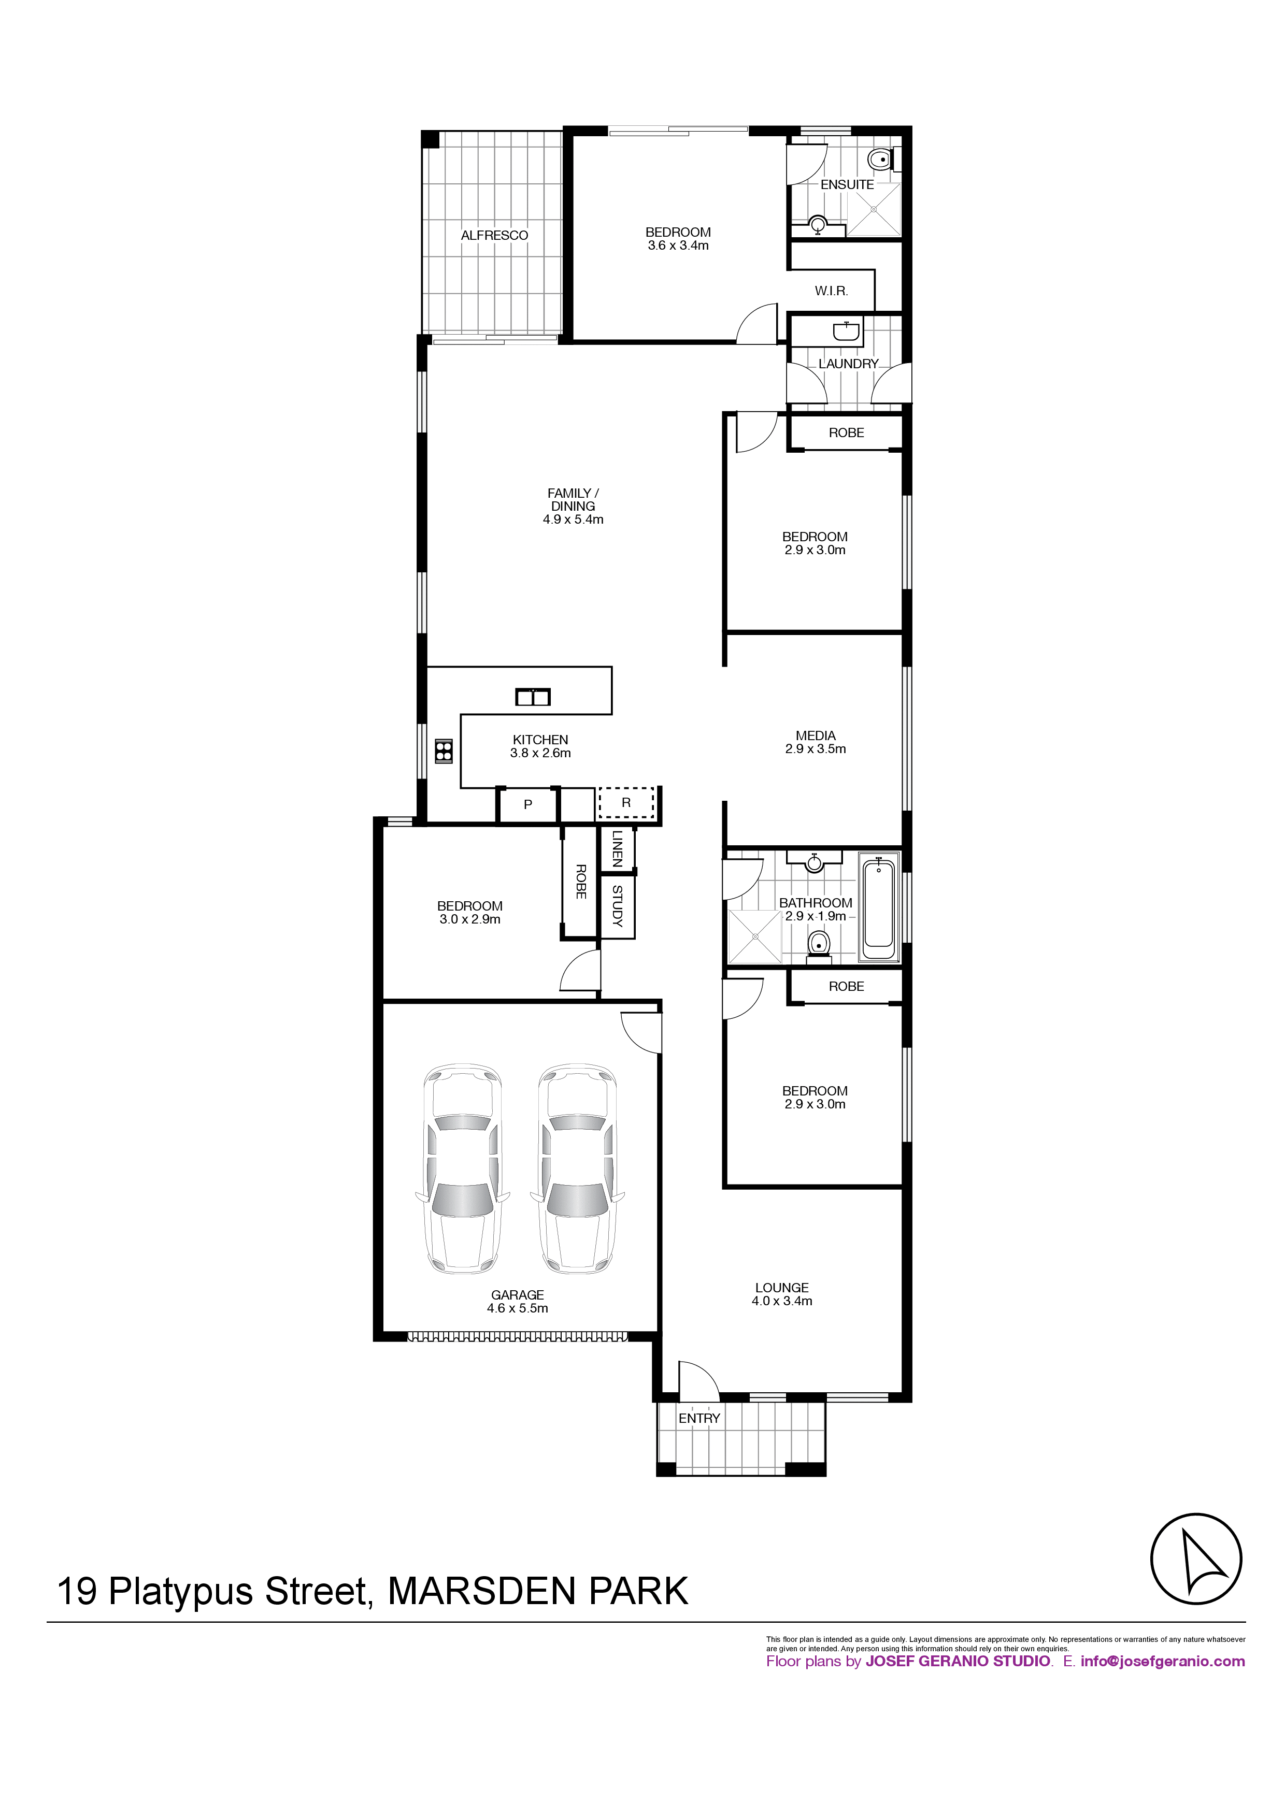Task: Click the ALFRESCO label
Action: point(494,235)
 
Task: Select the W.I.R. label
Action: point(831,291)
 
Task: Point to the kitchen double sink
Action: point(533,697)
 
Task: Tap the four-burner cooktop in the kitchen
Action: point(444,751)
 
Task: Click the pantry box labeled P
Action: point(528,805)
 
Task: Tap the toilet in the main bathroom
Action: point(819,946)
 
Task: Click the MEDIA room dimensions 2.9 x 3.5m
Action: point(816,748)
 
